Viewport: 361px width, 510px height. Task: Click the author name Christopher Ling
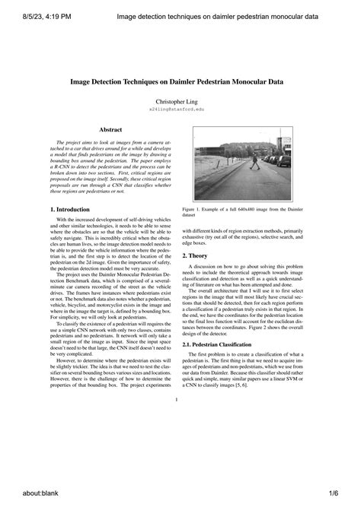click(180, 100)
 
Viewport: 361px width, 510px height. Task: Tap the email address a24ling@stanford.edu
click(180, 109)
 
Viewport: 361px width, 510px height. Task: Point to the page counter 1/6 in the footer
click(342, 495)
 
